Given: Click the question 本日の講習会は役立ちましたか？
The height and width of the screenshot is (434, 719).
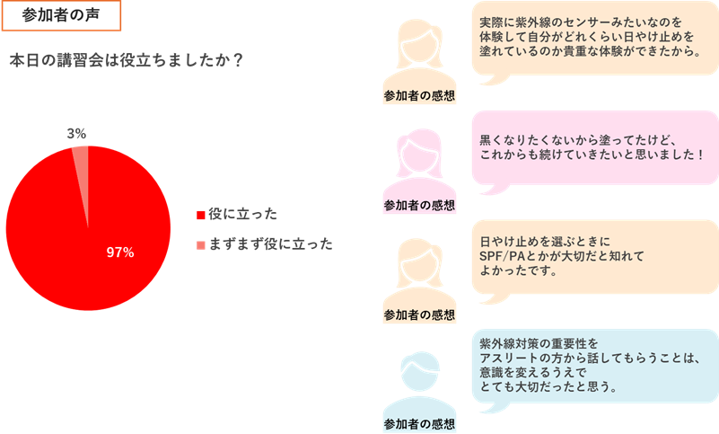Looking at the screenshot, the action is coord(126,60).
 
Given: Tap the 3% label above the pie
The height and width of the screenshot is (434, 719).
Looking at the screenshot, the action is coord(76,133).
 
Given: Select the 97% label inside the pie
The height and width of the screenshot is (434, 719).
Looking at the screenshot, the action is coord(119,252).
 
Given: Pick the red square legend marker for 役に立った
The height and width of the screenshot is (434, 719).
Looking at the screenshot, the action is coord(201,215).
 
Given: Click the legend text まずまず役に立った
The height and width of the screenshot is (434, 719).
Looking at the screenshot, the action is coord(270,244).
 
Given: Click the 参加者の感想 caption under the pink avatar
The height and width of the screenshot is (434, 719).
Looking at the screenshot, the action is coord(419,205).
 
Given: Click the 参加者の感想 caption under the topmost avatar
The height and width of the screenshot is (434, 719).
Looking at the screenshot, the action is coord(419,95).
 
